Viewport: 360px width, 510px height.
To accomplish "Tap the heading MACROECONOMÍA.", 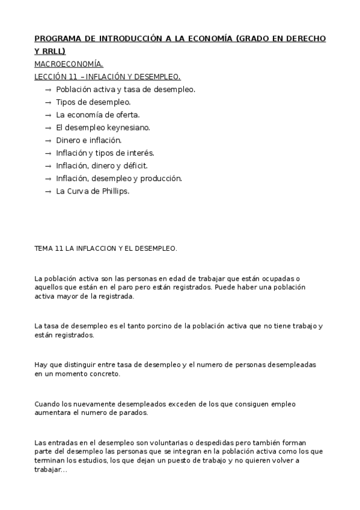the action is [69, 64].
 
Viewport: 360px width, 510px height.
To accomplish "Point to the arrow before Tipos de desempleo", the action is [48, 102].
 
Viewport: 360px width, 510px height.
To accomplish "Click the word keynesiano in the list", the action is [129, 127].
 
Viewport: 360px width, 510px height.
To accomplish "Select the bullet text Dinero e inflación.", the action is [88, 140].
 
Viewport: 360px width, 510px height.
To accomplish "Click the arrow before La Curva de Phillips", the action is [48, 191].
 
